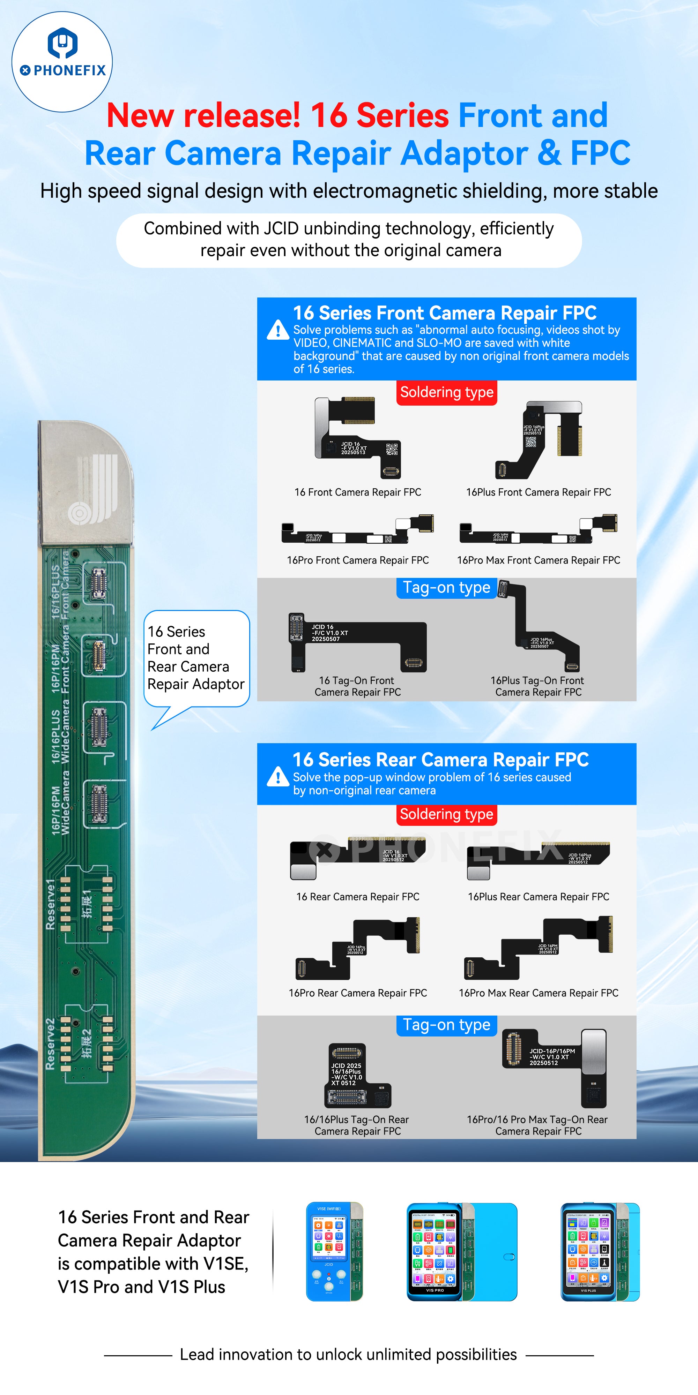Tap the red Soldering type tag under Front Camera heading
tap(447, 392)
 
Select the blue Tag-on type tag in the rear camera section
tap(447, 1025)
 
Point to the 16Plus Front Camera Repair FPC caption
tap(538, 492)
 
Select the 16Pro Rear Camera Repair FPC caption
tap(358, 993)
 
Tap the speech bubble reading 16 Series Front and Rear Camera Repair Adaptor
tap(196, 658)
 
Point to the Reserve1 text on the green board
tap(50, 904)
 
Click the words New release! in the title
tap(203, 115)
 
